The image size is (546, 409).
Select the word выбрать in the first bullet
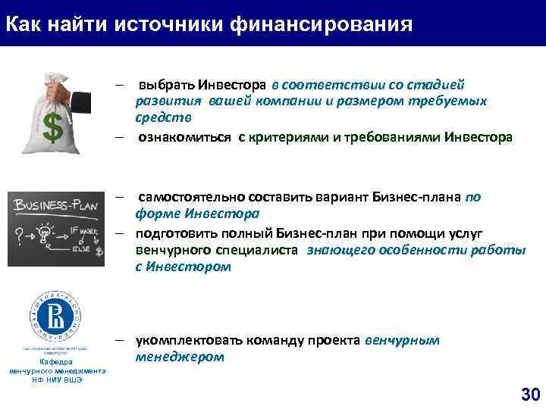162,84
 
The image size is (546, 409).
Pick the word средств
164,117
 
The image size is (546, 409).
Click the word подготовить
177,233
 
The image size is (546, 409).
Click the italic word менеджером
180,357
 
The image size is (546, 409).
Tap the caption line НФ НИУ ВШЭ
57,379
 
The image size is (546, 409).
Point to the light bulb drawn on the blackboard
44,232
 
